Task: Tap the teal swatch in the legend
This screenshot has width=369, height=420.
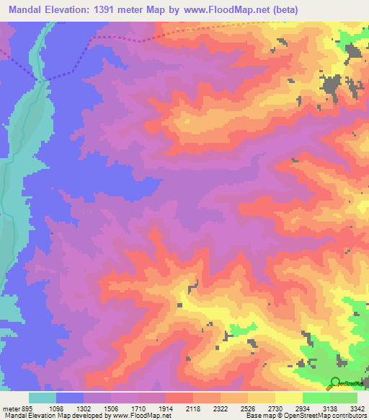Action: coord(43,398)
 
